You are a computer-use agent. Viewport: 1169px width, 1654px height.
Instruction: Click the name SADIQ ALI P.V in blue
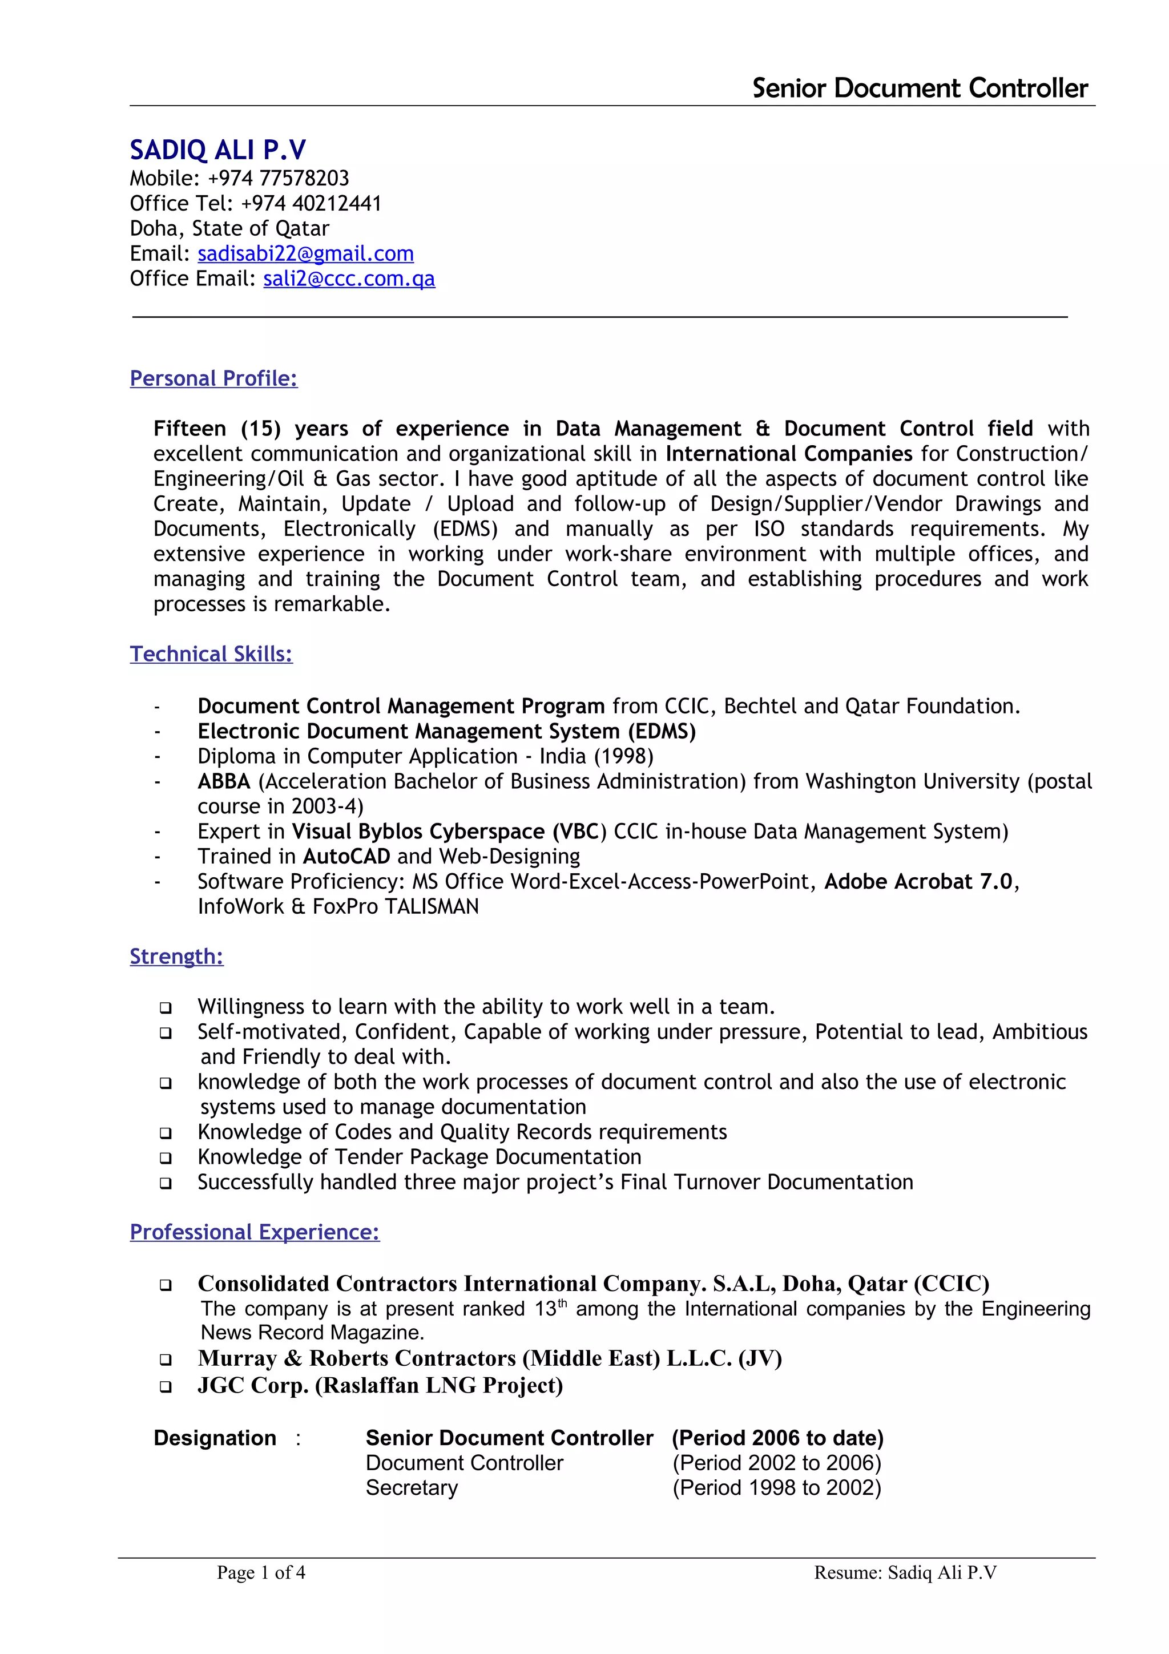[x=217, y=150]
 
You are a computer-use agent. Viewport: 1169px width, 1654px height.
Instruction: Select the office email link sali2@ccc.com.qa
[x=349, y=279]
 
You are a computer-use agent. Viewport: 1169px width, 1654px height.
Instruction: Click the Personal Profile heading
[x=213, y=378]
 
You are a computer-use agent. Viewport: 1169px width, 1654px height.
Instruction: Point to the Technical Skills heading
[x=211, y=654]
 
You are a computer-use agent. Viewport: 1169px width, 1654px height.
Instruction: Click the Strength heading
[x=176, y=957]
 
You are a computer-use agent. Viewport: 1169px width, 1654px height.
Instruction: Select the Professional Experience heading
[x=254, y=1232]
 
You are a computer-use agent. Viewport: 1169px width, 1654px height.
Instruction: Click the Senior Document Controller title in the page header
[x=919, y=88]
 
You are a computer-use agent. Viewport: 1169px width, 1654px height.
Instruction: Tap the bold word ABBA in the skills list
[x=224, y=781]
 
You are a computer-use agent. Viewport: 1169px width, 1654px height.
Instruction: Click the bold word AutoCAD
[x=346, y=857]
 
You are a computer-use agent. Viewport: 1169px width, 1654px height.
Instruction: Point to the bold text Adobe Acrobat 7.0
[x=918, y=882]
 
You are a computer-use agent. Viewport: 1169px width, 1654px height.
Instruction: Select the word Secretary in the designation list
[x=412, y=1487]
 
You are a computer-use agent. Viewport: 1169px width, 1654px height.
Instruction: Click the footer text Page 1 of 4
[x=261, y=1572]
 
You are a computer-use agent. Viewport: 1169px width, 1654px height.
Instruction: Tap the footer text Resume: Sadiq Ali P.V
[x=905, y=1572]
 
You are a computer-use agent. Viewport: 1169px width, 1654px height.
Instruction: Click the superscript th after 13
[x=563, y=1302]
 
